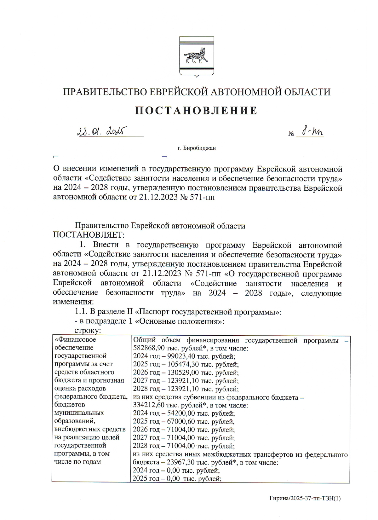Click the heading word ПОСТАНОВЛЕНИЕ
click(196, 111)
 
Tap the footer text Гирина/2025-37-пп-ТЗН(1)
click(305, 499)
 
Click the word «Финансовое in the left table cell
click(75, 340)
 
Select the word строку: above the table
click(87, 331)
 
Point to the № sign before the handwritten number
click(291, 134)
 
